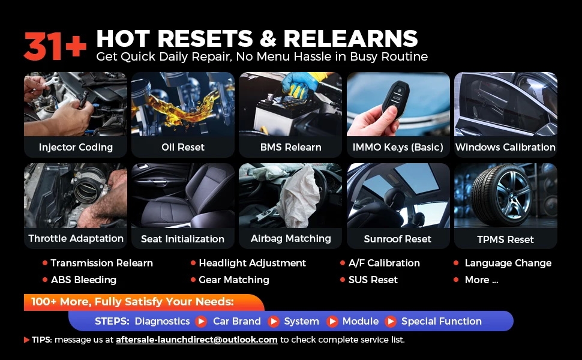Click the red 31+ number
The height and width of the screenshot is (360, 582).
click(x=55, y=46)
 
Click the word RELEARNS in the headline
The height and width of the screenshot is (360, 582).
click(x=350, y=38)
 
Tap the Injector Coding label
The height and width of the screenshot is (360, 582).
click(x=76, y=148)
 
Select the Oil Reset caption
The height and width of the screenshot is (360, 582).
click(x=183, y=148)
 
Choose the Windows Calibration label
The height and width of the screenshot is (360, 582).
click(x=506, y=148)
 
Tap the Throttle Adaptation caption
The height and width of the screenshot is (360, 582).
click(x=76, y=239)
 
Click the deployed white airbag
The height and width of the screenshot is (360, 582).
click(x=298, y=197)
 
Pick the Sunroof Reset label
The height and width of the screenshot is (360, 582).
click(x=398, y=239)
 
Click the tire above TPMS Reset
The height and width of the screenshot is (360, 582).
click(x=502, y=194)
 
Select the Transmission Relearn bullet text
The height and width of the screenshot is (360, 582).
click(x=102, y=263)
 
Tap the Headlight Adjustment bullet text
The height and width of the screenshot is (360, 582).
click(x=253, y=263)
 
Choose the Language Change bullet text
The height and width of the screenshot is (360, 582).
click(x=508, y=263)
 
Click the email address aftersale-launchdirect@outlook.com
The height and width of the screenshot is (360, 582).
click(x=197, y=340)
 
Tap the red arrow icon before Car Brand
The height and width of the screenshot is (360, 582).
click(x=201, y=322)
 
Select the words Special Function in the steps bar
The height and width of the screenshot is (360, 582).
click(x=442, y=322)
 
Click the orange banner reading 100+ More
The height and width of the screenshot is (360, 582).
click(x=144, y=302)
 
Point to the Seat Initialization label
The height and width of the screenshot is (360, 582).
click(x=182, y=239)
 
